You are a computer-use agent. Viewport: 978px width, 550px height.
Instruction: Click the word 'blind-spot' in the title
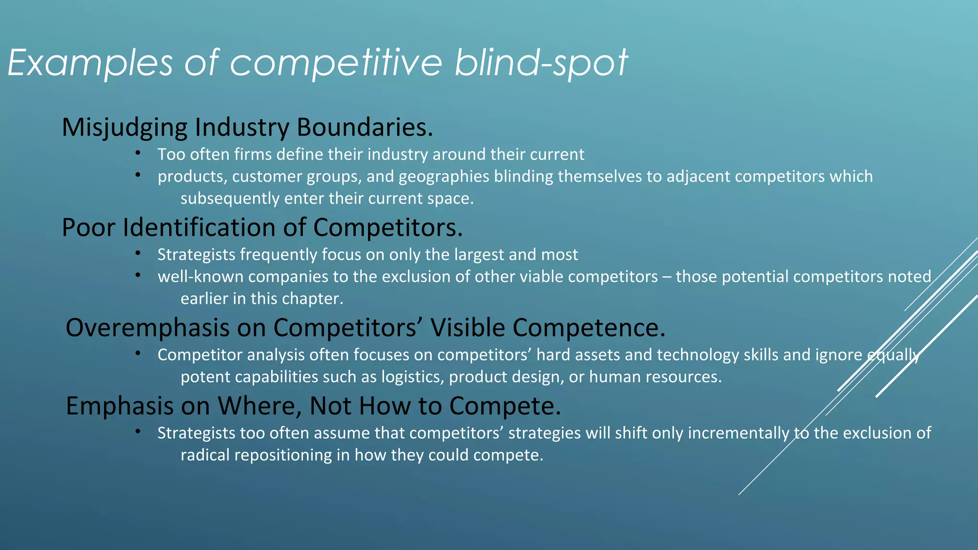pyautogui.click(x=541, y=63)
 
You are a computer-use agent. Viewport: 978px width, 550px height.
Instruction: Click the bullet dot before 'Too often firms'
pyautogui.click(x=138, y=153)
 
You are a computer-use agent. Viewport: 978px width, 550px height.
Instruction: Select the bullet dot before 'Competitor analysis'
pyautogui.click(x=138, y=354)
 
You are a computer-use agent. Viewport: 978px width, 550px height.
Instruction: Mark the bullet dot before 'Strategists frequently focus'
pyautogui.click(x=138, y=254)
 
